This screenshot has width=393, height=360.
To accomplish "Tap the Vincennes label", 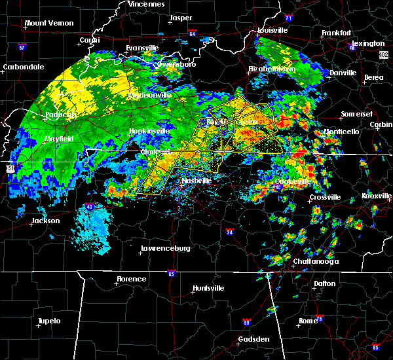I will (147, 4).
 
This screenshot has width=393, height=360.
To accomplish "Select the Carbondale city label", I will (24, 67).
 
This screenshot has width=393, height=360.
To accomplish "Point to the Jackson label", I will (46, 221).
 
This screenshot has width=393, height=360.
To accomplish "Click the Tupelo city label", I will (49, 321).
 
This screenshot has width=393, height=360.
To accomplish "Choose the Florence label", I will (131, 279).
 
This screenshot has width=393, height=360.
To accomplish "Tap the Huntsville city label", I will (209, 289).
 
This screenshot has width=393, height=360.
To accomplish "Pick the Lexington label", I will (371, 43).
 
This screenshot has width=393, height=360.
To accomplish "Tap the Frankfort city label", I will (336, 33).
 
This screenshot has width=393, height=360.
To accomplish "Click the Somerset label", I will (356, 115).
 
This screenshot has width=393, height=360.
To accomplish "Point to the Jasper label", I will (181, 18).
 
